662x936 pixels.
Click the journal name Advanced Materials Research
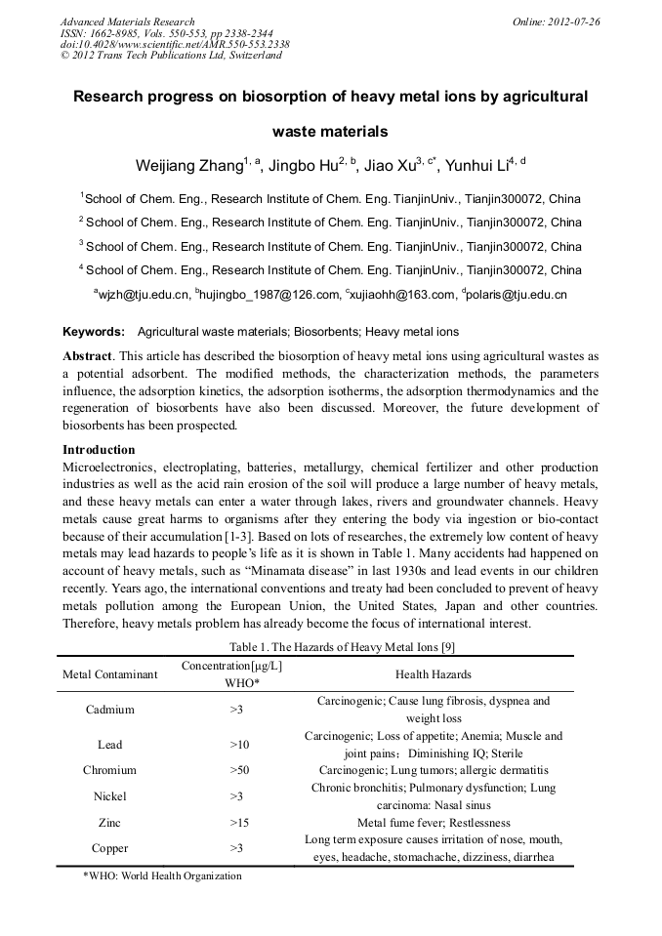(x=127, y=21)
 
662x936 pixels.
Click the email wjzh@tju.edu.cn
(x=142, y=294)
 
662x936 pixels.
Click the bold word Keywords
(x=94, y=332)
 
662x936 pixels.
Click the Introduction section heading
(x=99, y=450)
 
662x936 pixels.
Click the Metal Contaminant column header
(x=109, y=674)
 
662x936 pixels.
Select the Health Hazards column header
(x=433, y=674)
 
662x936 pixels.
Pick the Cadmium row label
(x=109, y=710)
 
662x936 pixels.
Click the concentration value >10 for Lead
(x=239, y=745)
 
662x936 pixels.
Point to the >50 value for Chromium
(x=239, y=770)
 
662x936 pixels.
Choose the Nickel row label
(x=109, y=796)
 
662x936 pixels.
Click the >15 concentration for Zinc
(x=239, y=823)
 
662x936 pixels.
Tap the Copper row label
(x=109, y=848)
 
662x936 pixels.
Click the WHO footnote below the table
(x=162, y=876)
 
